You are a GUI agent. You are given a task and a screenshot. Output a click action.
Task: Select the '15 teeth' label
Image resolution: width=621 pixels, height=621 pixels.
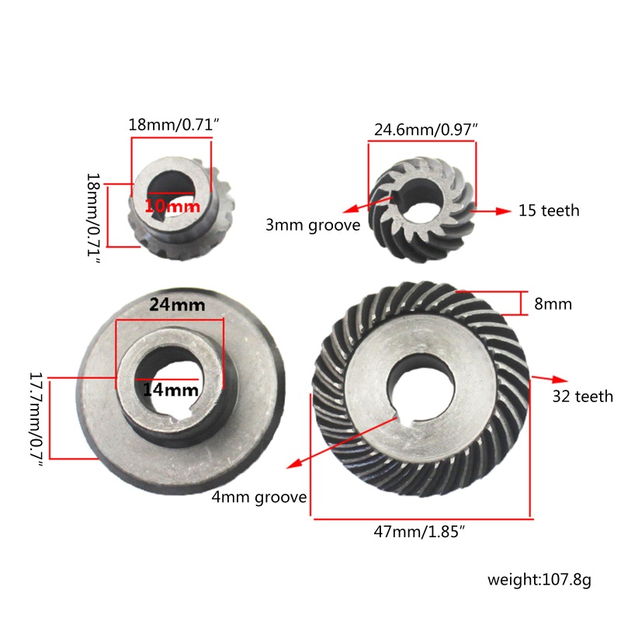pos(549,210)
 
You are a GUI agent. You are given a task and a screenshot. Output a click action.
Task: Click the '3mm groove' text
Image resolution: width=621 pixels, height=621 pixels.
pos(313,226)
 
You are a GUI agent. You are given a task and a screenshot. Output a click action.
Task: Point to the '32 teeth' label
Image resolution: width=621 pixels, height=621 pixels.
pos(582,397)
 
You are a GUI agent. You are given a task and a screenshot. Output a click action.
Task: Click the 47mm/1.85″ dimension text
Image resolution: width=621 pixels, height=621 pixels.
pos(420,532)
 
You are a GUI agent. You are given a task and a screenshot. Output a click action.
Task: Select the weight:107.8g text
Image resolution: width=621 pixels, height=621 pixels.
pos(539,578)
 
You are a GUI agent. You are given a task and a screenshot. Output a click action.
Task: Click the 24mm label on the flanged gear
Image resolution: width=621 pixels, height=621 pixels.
pos(177,305)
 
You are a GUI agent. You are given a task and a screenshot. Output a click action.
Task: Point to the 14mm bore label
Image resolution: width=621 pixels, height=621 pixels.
pos(169,390)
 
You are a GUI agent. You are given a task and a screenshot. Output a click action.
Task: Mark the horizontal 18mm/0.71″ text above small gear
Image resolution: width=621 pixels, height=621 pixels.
pos(172,124)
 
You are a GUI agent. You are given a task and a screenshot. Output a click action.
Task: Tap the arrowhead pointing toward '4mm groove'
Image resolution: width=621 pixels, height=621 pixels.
pos(289,467)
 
